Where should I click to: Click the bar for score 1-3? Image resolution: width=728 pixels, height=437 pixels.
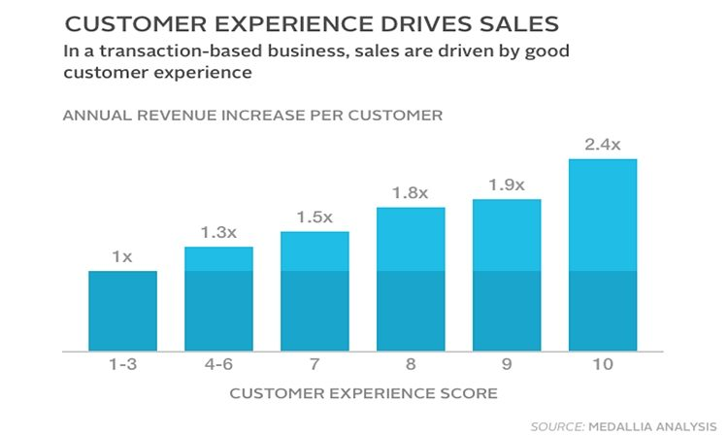click(x=122, y=310)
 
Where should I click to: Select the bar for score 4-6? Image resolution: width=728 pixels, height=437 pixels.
click(x=218, y=298)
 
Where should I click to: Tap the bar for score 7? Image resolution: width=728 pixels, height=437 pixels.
click(x=314, y=290)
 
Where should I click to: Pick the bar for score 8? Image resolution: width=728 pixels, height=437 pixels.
click(x=411, y=279)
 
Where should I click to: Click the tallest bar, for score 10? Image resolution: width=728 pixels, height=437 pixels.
click(x=603, y=253)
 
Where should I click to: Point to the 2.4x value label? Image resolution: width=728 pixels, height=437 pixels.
click(x=603, y=144)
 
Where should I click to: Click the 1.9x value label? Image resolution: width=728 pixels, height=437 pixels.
click(x=507, y=185)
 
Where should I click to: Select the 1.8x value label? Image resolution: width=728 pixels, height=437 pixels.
click(x=411, y=192)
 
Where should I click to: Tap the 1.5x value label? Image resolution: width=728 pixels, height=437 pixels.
click(x=314, y=217)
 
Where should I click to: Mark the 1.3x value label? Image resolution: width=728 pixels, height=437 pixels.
click(x=218, y=232)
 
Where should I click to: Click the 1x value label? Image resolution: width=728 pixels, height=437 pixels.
click(x=122, y=256)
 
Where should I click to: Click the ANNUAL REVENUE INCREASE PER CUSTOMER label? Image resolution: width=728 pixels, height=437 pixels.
click(x=252, y=116)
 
